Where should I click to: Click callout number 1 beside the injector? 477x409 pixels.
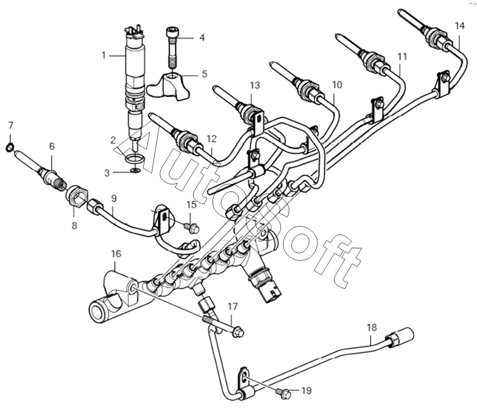pyautogui.click(x=104, y=55)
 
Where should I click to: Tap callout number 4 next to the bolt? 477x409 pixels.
pyautogui.click(x=202, y=37)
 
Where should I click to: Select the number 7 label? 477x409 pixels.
pyautogui.click(x=10, y=125)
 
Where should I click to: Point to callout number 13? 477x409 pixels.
pyautogui.click(x=254, y=85)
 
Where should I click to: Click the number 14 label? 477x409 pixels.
pyautogui.click(x=460, y=26)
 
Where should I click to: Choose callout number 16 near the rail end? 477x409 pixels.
pyautogui.click(x=116, y=254)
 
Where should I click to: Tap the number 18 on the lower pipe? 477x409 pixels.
pyautogui.click(x=371, y=328)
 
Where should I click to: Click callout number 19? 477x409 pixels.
pyautogui.click(x=306, y=390)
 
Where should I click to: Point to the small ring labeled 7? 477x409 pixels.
pyautogui.click(x=9, y=148)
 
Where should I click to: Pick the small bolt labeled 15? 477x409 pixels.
pyautogui.click(x=192, y=228)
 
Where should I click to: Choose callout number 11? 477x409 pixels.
pyautogui.click(x=402, y=57)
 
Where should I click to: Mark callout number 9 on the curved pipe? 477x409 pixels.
pyautogui.click(x=113, y=198)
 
